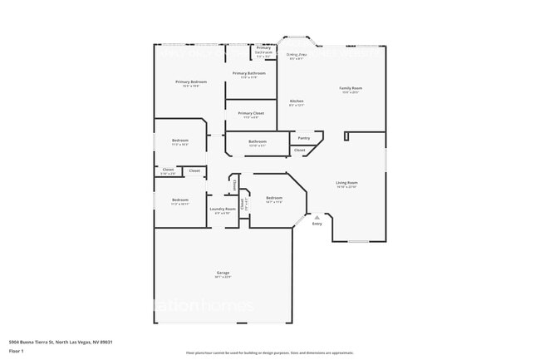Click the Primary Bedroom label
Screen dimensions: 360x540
(x=191, y=81)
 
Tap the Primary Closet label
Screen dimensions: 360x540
(x=251, y=113)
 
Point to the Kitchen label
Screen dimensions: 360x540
(x=297, y=101)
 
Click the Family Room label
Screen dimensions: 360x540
(x=350, y=88)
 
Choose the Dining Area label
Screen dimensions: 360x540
(x=296, y=55)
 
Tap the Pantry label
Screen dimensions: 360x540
(x=304, y=137)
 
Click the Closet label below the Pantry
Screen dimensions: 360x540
(x=299, y=150)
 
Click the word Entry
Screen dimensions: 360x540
(x=317, y=224)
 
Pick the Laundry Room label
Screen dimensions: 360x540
(x=223, y=209)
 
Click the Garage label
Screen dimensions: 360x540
(x=223, y=273)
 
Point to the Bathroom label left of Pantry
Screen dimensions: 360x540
(x=258, y=141)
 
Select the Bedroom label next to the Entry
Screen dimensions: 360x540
(x=274, y=198)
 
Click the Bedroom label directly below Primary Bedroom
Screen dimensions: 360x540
(x=180, y=141)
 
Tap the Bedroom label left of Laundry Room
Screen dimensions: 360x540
(x=180, y=200)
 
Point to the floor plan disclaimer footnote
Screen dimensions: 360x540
(x=269, y=353)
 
